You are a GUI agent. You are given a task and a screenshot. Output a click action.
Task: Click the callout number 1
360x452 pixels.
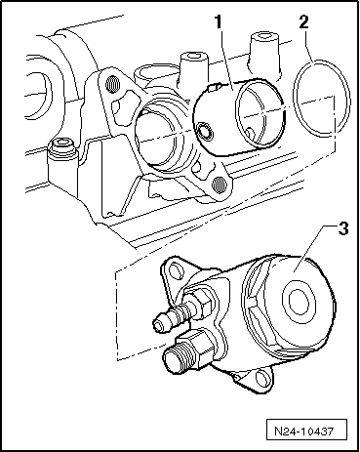pyautogui.click(x=219, y=22)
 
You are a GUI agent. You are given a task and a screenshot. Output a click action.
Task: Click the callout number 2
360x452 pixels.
pyautogui.click(x=303, y=21)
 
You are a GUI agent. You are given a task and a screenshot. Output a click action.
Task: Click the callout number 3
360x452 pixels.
pyautogui.click(x=342, y=228)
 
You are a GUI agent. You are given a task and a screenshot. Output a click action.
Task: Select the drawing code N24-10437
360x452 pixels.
pyautogui.click(x=304, y=431)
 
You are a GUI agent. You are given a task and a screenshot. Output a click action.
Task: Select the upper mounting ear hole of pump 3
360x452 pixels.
pyautogui.click(x=175, y=270)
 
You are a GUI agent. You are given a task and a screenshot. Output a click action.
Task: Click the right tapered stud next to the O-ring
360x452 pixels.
pyautogui.click(x=264, y=56)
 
